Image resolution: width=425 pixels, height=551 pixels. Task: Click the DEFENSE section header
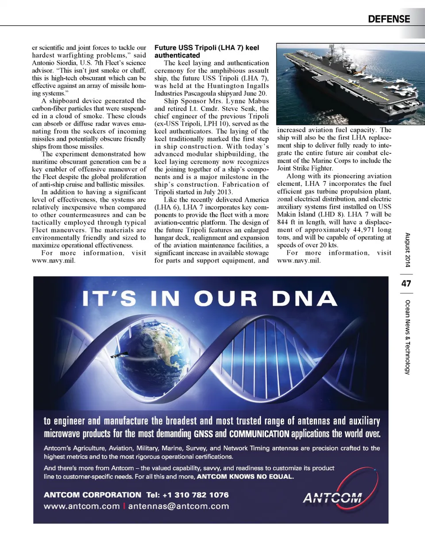pos(389,19)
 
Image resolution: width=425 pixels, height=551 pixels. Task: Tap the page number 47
pos(406,283)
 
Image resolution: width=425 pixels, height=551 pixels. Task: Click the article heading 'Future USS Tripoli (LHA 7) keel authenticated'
pos(207,51)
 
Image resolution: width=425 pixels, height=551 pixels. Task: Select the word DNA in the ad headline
pos(305,299)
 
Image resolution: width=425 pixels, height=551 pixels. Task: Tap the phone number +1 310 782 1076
pos(196,495)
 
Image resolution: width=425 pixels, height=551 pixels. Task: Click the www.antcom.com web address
pos(82,506)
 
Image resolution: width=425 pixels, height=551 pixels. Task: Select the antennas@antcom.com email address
pos(179,506)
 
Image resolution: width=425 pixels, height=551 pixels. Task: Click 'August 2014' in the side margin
pos(407,250)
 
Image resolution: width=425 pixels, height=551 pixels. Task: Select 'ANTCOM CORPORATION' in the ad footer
pos(93,495)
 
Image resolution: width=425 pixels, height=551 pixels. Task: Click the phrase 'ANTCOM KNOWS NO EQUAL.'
pos(245,477)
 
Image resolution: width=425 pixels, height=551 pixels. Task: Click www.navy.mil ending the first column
pos(54,261)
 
